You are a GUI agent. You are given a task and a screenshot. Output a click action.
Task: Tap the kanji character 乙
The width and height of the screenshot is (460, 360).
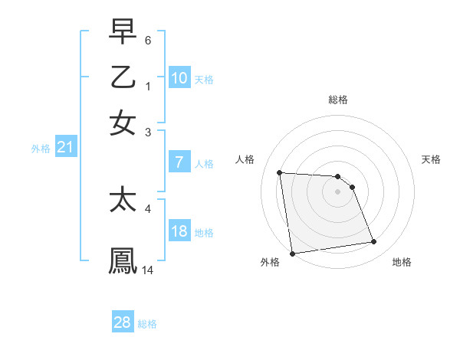pos(123,78)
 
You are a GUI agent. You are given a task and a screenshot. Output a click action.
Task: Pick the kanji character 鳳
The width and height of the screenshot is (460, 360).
pos(123,260)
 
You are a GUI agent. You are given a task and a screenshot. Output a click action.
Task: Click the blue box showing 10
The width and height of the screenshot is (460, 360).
pos(179,79)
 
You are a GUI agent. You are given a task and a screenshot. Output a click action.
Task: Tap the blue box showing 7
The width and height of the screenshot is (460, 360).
pos(179,162)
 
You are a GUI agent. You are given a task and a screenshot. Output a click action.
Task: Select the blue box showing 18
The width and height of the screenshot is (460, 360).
pos(179,232)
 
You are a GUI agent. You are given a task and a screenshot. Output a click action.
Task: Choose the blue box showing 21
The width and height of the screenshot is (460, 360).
pos(65,148)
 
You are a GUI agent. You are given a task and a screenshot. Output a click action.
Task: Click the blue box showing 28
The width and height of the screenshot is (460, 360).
pos(123,322)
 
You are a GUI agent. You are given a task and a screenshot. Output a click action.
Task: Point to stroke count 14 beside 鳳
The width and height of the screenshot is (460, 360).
pos(148,270)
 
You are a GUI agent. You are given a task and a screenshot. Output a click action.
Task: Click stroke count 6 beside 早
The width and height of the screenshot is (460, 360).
pos(147,38)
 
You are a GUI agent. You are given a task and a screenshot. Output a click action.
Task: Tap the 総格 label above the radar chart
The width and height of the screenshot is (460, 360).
pos(338,100)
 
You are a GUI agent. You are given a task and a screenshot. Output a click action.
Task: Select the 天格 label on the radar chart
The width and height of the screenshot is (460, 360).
pos(432,159)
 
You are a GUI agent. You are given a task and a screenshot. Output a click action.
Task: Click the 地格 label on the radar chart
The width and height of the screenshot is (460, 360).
pos(402,262)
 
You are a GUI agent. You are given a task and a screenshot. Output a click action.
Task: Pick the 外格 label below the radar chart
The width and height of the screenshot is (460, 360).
pos(270,262)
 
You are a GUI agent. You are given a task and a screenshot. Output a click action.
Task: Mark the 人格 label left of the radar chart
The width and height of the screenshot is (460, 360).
pos(245,159)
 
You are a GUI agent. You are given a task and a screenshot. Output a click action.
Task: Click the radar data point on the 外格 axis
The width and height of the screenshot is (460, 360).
pos(292,254)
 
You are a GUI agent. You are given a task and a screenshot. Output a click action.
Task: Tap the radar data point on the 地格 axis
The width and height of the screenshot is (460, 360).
pos(374,242)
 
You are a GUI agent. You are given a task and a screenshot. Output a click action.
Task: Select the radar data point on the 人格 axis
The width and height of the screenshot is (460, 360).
pos(280,172)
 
